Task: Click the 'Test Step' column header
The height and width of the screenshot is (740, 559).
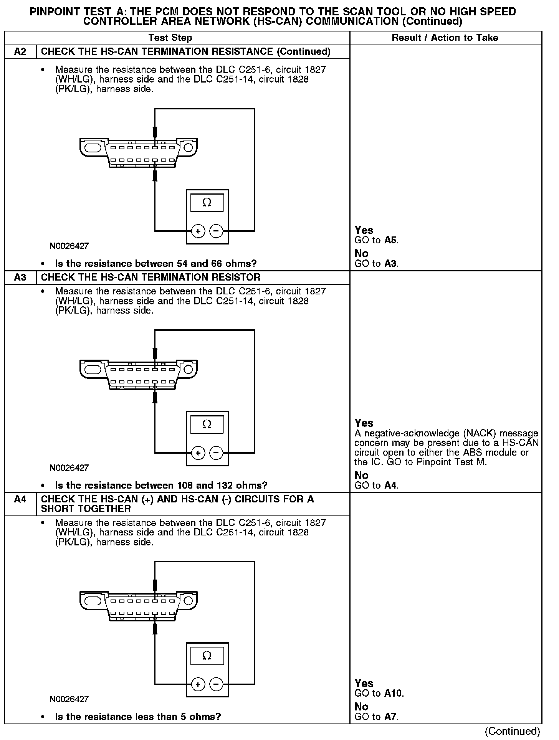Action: [x=170, y=38]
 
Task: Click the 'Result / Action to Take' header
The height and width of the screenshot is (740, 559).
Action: [x=445, y=38]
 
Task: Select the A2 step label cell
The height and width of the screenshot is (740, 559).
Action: [x=20, y=51]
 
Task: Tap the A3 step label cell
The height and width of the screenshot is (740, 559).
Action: [x=20, y=277]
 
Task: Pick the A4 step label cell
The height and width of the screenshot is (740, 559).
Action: [x=20, y=499]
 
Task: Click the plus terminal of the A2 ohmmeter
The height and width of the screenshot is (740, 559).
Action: [x=198, y=231]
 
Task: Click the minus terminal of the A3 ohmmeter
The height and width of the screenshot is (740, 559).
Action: [x=216, y=453]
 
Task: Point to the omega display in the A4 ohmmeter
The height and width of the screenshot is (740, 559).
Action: [x=207, y=656]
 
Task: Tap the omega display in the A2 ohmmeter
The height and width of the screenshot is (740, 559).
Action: [x=207, y=203]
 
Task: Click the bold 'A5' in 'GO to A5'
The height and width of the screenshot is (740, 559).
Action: [x=390, y=240]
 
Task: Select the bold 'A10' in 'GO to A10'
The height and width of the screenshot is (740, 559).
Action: [x=393, y=693]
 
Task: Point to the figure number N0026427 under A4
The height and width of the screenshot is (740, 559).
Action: [x=69, y=699]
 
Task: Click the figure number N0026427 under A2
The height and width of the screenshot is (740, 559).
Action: [x=69, y=246]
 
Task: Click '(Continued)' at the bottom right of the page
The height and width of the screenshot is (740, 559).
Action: [x=513, y=732]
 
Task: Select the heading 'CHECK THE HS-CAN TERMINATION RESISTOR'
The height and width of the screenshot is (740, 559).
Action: [x=150, y=277]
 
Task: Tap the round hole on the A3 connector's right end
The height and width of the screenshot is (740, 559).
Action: [x=189, y=369]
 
